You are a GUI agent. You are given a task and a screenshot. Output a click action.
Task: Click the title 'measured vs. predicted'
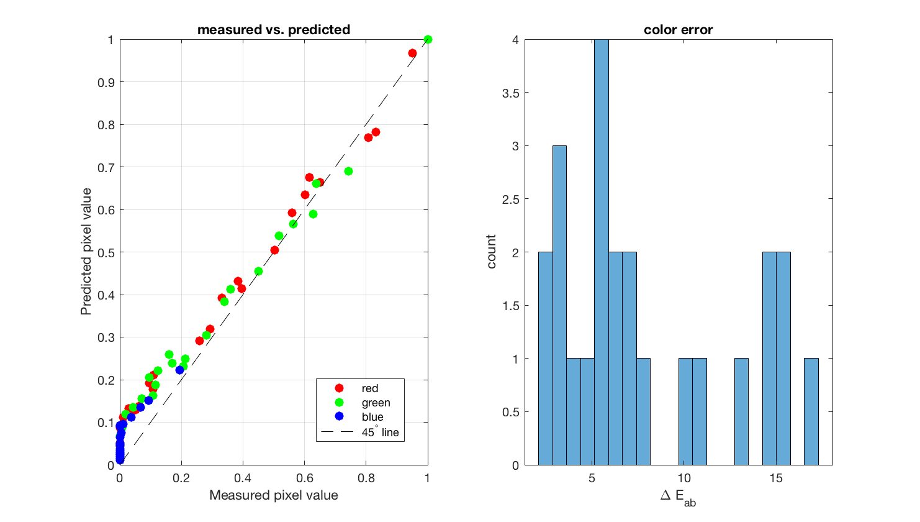pyautogui.click(x=274, y=30)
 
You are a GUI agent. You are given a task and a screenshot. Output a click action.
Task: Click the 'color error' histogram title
pyautogui.click(x=678, y=30)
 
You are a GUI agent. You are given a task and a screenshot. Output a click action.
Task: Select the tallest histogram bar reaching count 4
pyautogui.click(x=601, y=249)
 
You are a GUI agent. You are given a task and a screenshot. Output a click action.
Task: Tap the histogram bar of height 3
pyautogui.click(x=559, y=304)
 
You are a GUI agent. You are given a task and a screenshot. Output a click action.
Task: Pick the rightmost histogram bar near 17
pyautogui.click(x=811, y=411)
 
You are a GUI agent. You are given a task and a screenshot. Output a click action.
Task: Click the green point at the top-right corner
pyautogui.click(x=428, y=40)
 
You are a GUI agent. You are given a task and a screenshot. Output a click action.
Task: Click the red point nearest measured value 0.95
pyautogui.click(x=412, y=53)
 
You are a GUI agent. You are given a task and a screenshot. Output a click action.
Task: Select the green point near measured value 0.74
pyautogui.click(x=348, y=171)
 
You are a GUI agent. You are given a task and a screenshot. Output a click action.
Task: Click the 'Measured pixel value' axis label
pyautogui.click(x=274, y=495)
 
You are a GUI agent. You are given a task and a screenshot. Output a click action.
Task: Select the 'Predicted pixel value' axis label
pyautogui.click(x=86, y=252)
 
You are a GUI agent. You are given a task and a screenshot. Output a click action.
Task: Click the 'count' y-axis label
pyautogui.click(x=492, y=252)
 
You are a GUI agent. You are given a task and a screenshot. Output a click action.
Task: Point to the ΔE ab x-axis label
pyautogui.click(x=678, y=497)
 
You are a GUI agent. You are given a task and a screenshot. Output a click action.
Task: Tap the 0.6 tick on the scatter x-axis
pyautogui.click(x=304, y=478)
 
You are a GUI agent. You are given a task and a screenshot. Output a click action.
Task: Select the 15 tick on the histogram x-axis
pyautogui.click(x=776, y=478)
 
